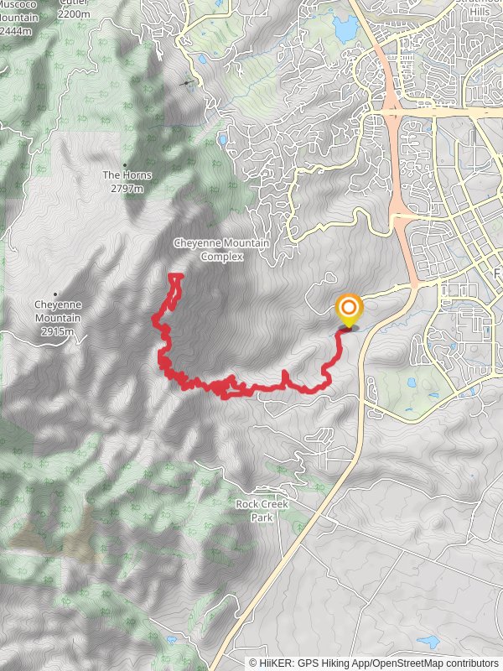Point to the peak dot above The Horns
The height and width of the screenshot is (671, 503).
(x=125, y=164)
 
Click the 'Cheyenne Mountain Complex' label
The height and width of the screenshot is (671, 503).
(x=221, y=249)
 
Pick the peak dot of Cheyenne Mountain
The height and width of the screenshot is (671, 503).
(x=55, y=294)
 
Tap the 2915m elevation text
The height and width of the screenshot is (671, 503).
(x=57, y=331)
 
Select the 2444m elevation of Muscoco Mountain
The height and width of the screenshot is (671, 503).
(x=16, y=31)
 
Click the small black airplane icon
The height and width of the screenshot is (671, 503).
(x=187, y=83)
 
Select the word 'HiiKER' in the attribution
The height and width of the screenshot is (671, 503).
(x=274, y=663)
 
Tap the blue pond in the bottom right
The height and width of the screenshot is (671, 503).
(x=428, y=642)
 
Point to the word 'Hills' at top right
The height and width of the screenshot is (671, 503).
(x=480, y=12)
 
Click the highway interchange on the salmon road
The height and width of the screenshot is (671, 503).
(x=392, y=109)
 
